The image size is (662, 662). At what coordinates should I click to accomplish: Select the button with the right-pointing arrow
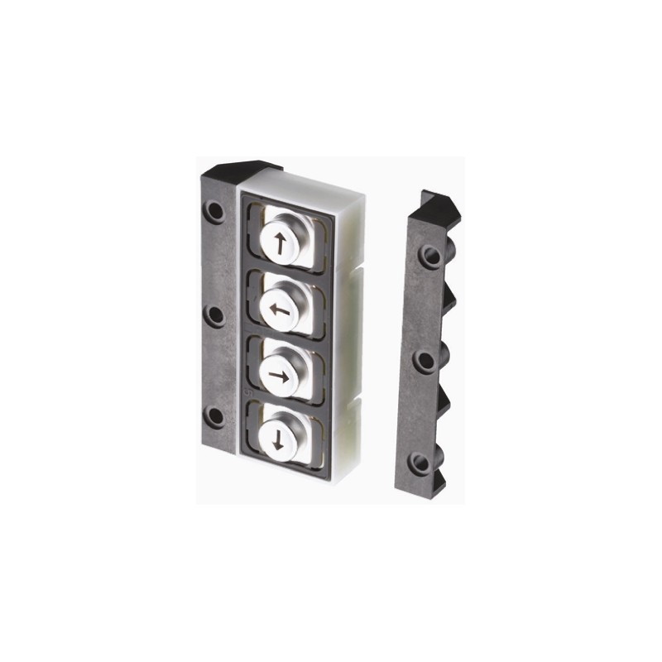[x=281, y=375]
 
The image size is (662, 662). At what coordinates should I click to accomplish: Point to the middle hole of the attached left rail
[x=215, y=316]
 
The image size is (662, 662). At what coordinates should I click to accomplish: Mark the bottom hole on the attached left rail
[x=215, y=416]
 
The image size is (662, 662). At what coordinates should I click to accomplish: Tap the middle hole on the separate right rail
[x=424, y=361]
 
